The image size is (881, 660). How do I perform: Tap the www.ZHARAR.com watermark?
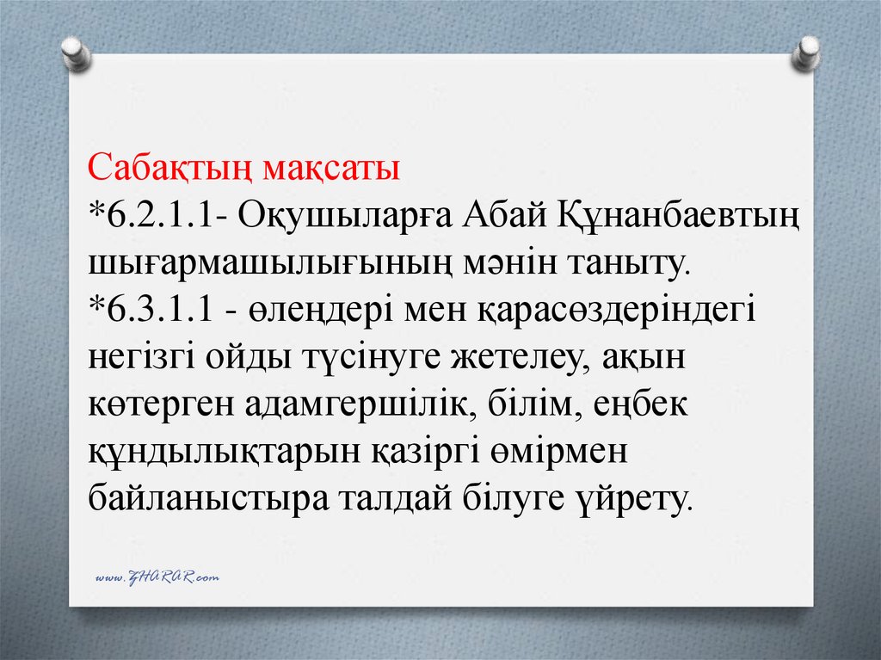(157, 577)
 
